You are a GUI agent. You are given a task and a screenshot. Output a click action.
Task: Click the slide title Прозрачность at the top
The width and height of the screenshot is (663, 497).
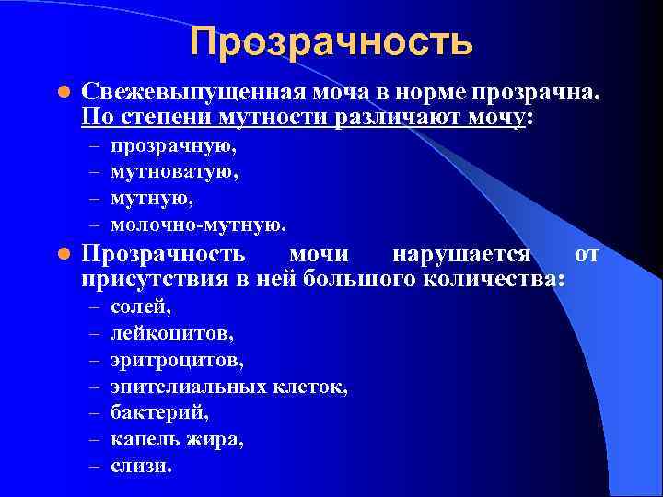tap(331, 41)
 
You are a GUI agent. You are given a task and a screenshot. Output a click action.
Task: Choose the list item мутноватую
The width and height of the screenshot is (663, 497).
tap(174, 171)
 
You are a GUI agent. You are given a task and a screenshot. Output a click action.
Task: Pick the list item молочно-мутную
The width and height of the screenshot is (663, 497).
tap(198, 224)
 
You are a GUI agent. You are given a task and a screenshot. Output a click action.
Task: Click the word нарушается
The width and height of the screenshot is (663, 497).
tap(461, 254)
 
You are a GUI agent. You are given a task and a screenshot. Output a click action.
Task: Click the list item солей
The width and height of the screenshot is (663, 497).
tap(141, 306)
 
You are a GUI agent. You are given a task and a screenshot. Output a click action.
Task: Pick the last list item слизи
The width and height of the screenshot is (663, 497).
tap(141, 466)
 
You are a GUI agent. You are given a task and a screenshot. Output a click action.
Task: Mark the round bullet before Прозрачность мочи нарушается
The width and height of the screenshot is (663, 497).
tap(63, 255)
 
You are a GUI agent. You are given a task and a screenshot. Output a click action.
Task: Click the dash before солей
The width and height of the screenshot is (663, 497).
tap(93, 307)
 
